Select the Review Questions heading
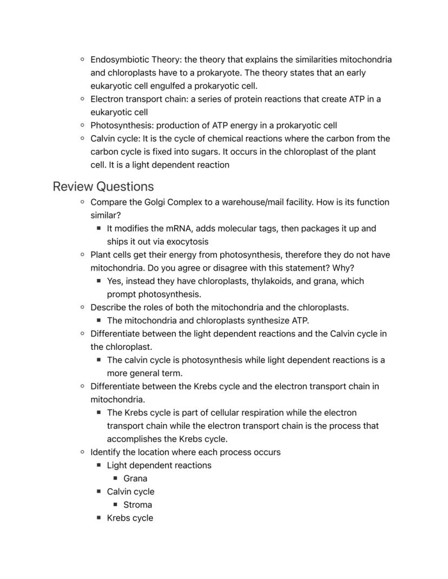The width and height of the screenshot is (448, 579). coord(103,187)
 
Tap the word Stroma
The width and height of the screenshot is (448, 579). coord(137,505)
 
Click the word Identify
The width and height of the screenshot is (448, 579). coord(107,452)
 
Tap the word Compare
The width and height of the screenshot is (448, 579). coord(109,202)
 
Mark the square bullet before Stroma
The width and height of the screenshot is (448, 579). coord(115,504)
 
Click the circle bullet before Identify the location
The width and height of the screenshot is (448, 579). coord(82,452)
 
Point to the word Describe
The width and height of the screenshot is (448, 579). coord(109,308)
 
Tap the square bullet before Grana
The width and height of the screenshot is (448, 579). coord(115,478)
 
